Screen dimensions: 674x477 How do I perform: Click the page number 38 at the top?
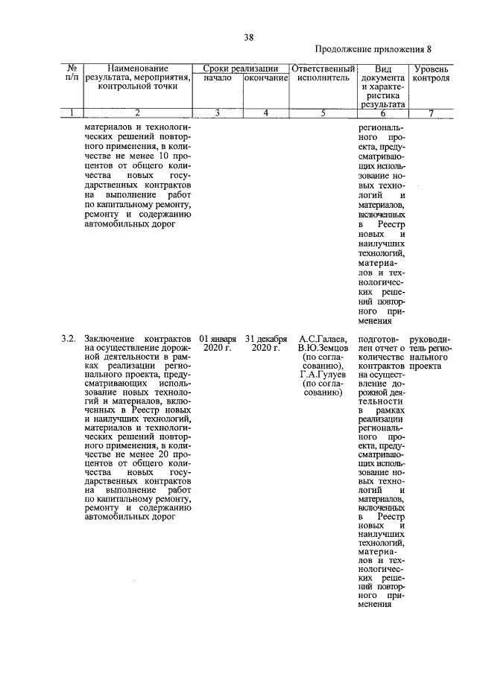248,38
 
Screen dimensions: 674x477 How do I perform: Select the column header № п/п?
72,72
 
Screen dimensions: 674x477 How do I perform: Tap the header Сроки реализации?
240,68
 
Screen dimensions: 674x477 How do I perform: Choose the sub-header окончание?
265,78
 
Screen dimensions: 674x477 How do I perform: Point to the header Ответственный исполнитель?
323,73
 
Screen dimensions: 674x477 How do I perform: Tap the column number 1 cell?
72,113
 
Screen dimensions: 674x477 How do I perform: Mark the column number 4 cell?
265,113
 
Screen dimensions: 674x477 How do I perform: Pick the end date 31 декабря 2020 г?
265,343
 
